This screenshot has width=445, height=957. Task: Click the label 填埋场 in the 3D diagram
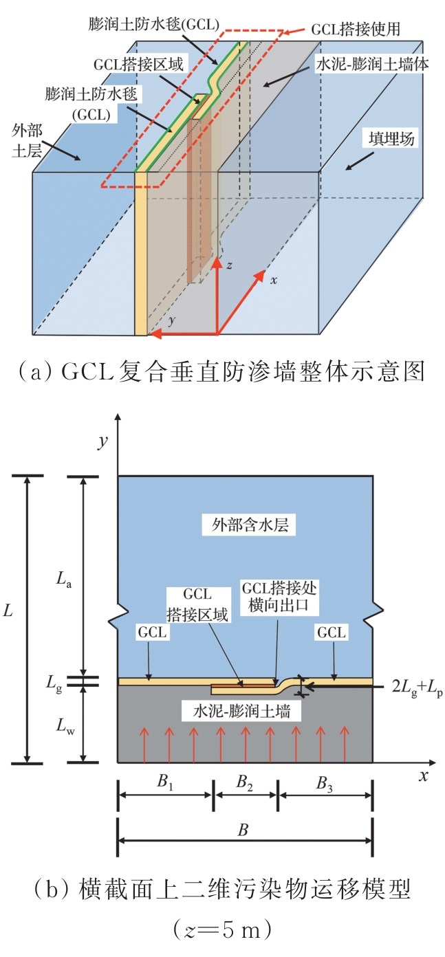pos(389,140)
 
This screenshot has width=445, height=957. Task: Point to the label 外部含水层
pos(248,526)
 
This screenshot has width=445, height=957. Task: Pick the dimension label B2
pos(246,782)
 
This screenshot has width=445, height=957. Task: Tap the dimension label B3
pos(325,782)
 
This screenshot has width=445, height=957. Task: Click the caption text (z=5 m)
pos(221,931)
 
